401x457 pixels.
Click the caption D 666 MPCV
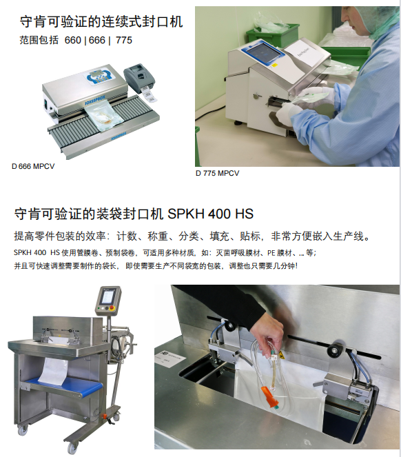click(x=33, y=166)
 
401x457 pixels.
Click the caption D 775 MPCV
click(x=217, y=174)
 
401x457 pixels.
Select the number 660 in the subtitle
click(x=72, y=40)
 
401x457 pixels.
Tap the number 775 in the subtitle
click(x=124, y=40)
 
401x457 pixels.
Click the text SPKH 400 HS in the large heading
click(x=210, y=214)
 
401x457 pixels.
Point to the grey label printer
click(x=139, y=78)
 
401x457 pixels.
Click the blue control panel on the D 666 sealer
click(x=99, y=77)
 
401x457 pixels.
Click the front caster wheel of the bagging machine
click(x=72, y=447)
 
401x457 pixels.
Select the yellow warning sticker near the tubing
click(x=281, y=355)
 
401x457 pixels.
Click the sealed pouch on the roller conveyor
click(x=103, y=115)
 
